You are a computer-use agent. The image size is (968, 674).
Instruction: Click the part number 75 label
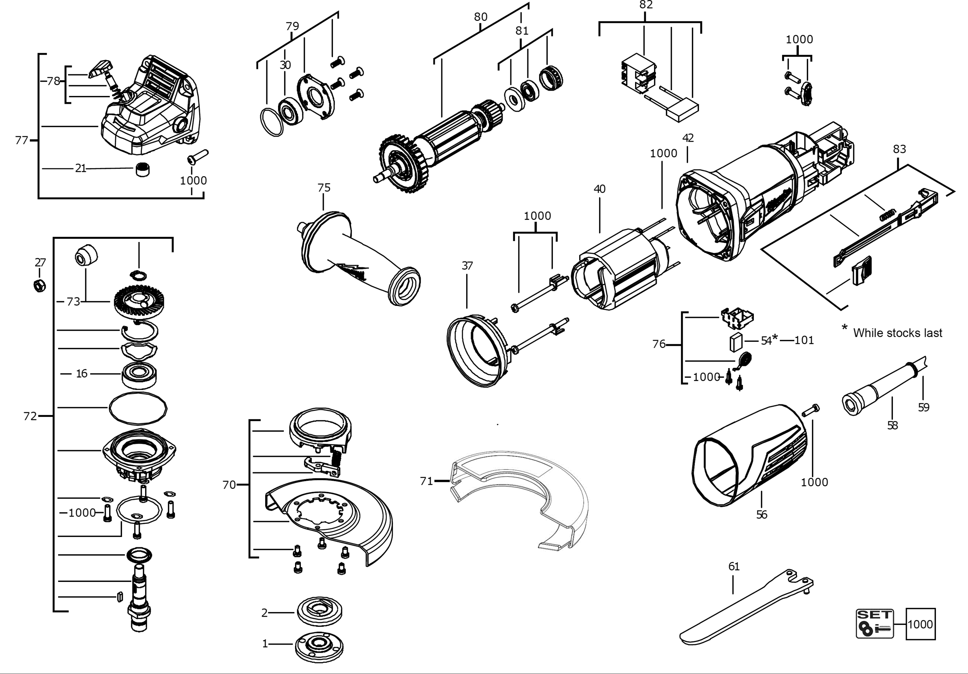coord(324,188)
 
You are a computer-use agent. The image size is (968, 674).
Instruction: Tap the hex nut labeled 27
coord(39,285)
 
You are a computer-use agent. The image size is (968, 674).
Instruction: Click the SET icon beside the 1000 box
coord(874,623)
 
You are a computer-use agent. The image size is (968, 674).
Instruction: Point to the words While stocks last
coord(898,333)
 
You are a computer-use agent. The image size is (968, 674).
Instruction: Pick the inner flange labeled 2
coord(319,612)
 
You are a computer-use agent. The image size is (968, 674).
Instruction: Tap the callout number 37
coord(467,266)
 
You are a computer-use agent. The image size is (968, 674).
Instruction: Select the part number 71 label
coord(426,481)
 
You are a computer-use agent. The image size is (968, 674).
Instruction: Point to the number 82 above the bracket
coord(646,5)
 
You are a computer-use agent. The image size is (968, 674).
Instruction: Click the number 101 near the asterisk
coord(804,340)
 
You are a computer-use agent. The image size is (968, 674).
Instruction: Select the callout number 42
coord(688,138)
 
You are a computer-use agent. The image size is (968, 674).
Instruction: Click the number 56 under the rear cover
coord(761,515)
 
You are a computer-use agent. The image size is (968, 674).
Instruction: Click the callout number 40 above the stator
coord(599,189)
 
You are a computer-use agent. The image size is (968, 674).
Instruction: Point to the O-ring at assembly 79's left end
coord(271,122)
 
